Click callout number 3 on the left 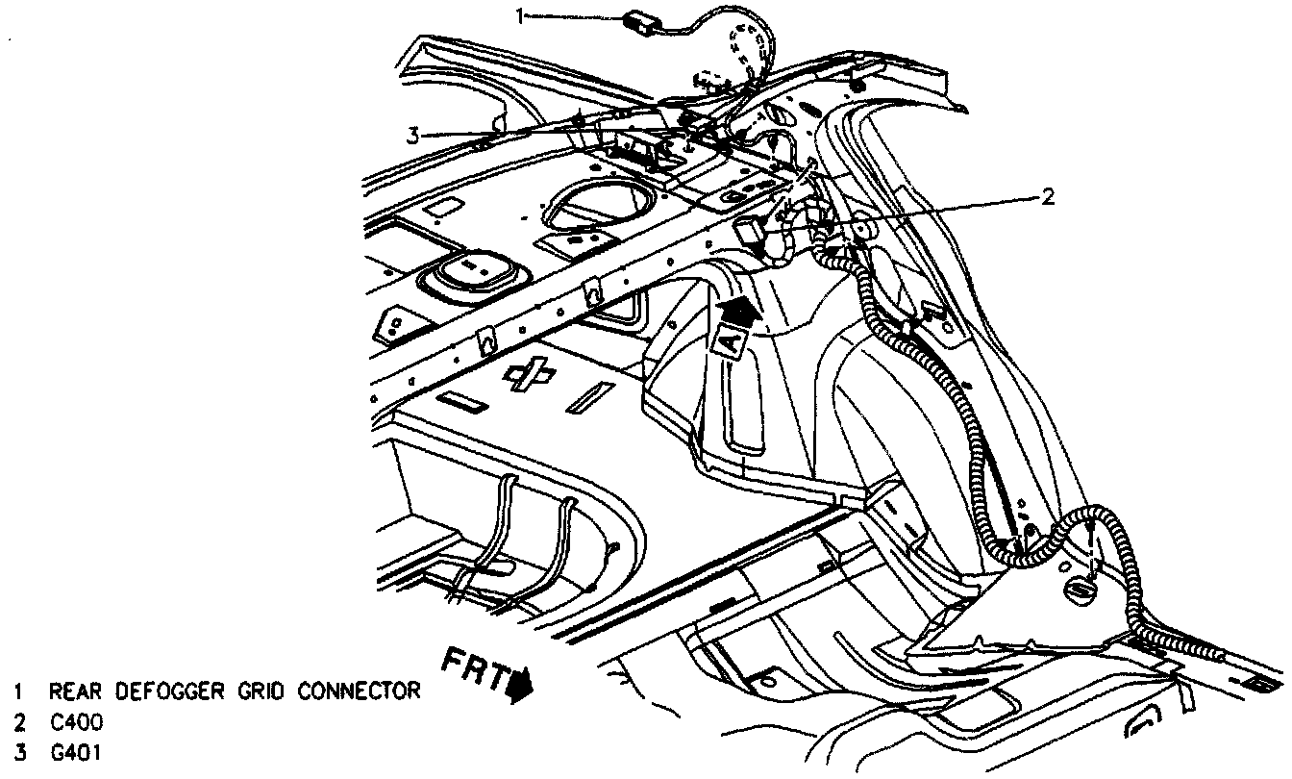[x=412, y=136]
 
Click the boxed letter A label [x=730, y=340]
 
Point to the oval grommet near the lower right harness [x=1078, y=588]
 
